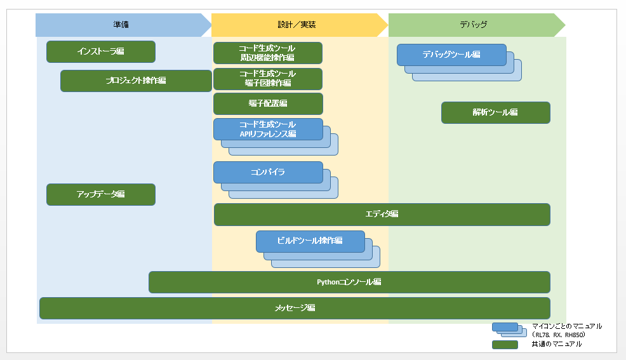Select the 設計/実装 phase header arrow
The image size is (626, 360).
298,25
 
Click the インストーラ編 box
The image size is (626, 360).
100,51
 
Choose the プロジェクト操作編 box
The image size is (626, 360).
136,81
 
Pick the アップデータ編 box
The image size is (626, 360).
100,194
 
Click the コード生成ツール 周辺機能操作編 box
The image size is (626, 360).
267,53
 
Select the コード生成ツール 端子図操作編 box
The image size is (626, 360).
267,79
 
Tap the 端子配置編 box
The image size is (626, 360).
268,103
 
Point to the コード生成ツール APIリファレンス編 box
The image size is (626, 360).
268,129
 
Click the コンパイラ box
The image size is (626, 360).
268,172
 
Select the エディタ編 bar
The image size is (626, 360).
382,215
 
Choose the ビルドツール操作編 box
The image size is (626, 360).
310,241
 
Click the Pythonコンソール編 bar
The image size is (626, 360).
349,282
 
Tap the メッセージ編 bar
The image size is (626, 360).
295,308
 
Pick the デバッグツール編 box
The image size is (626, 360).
451,55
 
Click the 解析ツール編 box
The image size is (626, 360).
495,112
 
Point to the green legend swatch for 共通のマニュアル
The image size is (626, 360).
505,345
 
